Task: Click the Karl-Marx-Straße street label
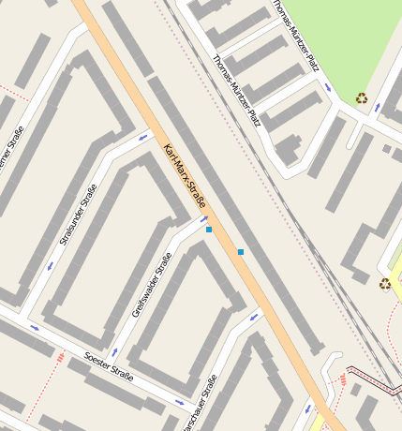(184, 175)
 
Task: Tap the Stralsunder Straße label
(77, 215)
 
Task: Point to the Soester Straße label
(109, 366)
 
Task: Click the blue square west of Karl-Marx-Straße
(209, 230)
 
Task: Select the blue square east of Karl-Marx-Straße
(241, 252)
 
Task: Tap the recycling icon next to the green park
(362, 97)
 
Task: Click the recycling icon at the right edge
(384, 284)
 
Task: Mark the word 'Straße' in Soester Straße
(122, 373)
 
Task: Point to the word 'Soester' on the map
(96, 360)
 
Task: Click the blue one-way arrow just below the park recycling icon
(377, 108)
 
